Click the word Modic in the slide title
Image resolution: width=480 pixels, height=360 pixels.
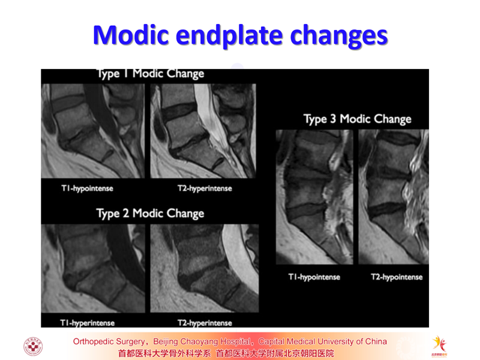(x=131, y=35)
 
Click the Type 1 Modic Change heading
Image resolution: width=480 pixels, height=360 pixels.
(x=151, y=74)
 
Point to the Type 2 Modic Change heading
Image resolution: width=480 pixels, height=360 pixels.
(x=150, y=214)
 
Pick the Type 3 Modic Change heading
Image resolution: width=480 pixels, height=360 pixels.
(x=357, y=119)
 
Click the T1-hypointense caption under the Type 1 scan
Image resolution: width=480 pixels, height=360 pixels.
(x=87, y=188)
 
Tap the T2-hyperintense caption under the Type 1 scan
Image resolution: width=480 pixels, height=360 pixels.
(x=205, y=188)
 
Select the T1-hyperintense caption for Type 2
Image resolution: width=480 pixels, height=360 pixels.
(x=87, y=323)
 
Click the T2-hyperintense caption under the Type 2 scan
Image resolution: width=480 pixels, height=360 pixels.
(x=205, y=323)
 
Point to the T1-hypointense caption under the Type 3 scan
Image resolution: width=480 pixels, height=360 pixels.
(x=314, y=277)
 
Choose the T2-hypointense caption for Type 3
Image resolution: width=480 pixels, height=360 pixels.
(x=397, y=277)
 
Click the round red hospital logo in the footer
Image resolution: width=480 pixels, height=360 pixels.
(x=33, y=346)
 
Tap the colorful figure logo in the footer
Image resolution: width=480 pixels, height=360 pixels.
(x=439, y=346)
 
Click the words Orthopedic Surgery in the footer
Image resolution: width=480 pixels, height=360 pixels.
(x=109, y=341)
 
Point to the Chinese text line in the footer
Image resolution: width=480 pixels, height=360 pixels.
(x=226, y=353)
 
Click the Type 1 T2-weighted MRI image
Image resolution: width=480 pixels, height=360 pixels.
(x=203, y=131)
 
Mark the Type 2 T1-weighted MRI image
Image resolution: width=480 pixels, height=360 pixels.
(x=93, y=268)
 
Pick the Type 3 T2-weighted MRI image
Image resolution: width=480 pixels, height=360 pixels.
(x=394, y=197)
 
